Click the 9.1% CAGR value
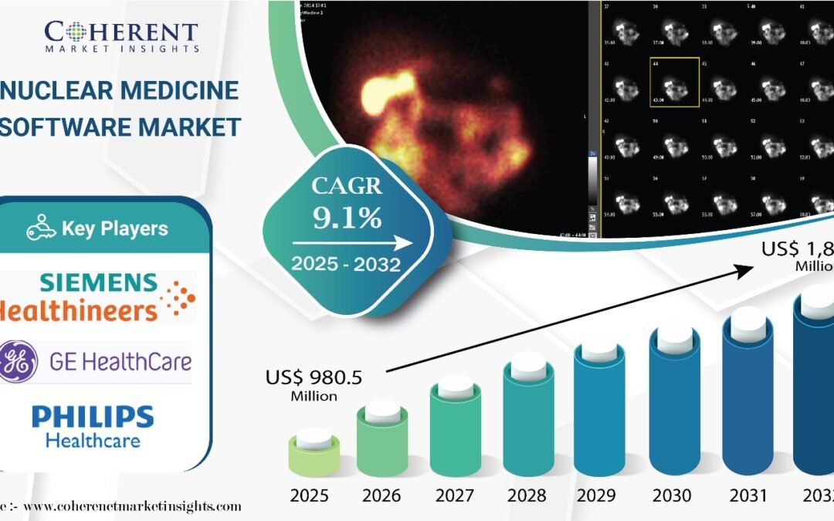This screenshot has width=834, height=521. (x=347, y=218)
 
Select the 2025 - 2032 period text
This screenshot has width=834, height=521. (x=346, y=265)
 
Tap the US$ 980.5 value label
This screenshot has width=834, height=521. (x=314, y=378)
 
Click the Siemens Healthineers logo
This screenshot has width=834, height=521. (x=97, y=296)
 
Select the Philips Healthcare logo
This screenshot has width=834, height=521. (x=93, y=427)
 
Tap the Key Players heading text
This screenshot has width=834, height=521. (x=114, y=228)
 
